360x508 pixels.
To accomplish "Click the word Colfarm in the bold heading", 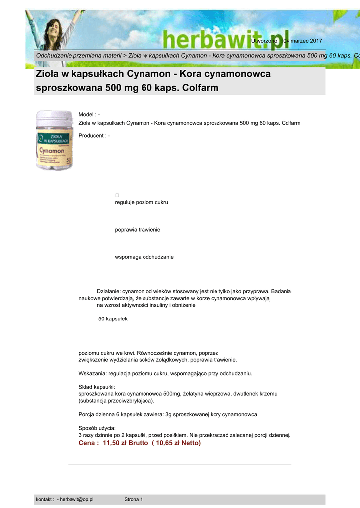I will pos(200,88).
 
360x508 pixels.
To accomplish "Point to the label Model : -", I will pos(89,115).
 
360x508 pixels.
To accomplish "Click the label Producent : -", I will pos(94,136).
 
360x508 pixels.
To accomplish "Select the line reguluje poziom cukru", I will pos(142,202).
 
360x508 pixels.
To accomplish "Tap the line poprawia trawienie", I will pos(138,230).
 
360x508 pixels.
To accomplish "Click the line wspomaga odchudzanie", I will pos(144,257).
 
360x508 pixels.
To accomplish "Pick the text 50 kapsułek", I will pos(113,318).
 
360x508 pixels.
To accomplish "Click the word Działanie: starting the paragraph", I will pos(109,291).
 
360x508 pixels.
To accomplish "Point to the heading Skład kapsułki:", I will pos(97,386).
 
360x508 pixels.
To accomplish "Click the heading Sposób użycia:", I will pos(97,428).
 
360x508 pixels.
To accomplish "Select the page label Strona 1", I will pos(133,499).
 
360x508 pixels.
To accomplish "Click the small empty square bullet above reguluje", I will pos(117,195).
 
